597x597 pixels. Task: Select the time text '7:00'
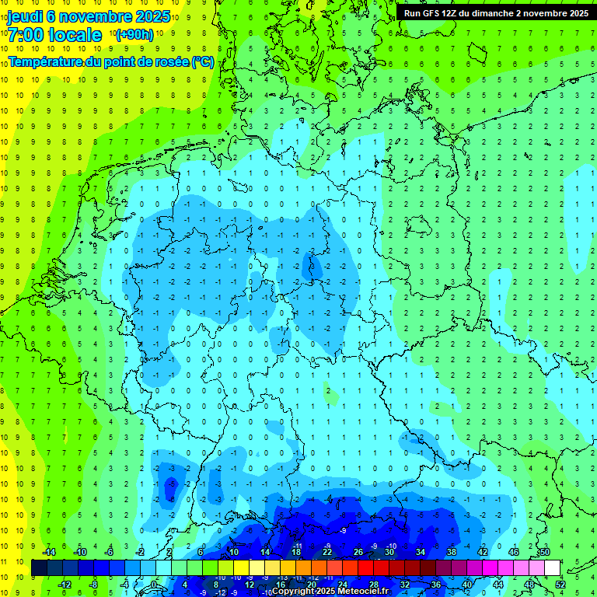(x=25, y=35)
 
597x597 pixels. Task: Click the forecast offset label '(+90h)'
(x=134, y=35)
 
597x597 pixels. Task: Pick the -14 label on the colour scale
(x=48, y=552)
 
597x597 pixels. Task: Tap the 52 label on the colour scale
(x=560, y=584)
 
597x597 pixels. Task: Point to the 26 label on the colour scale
(x=358, y=552)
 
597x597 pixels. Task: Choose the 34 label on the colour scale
(x=420, y=552)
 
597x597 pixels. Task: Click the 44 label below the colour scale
(x=498, y=584)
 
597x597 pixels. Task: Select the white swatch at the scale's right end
(x=552, y=567)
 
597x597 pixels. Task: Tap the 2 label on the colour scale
(x=169, y=552)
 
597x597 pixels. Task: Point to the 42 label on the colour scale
(x=482, y=552)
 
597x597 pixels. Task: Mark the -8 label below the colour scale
(x=93, y=584)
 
